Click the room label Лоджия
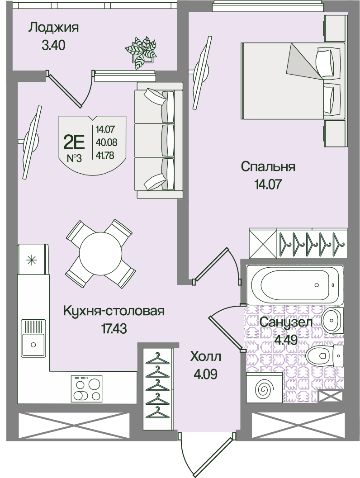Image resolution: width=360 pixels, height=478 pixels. pos(54,28)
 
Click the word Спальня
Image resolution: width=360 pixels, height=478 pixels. pos(268,167)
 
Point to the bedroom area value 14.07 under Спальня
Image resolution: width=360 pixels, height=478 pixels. pos(267,185)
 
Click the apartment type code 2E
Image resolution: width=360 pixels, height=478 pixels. pos(74,142)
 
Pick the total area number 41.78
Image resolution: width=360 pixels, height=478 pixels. pos(105,156)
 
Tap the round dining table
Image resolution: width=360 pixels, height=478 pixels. pos(99,253)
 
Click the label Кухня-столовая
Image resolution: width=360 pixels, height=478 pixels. pos(114,311)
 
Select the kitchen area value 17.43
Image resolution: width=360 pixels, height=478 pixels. pos(114,329)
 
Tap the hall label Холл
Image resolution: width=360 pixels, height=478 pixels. pos(205,356)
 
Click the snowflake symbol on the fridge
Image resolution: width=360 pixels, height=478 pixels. pos(30,260)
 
